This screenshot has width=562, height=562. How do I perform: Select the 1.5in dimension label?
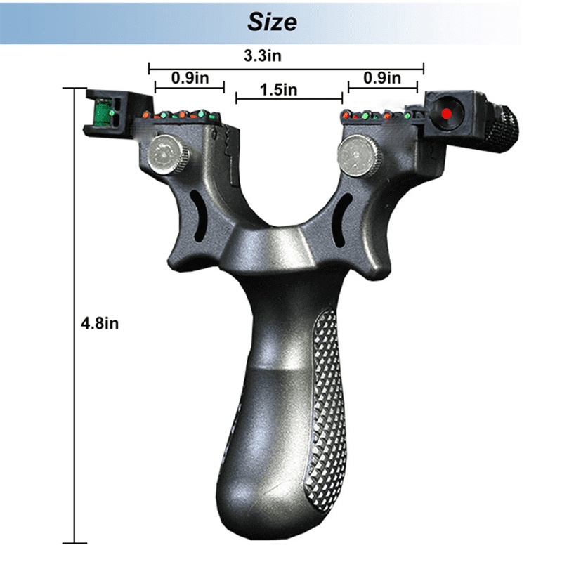click(x=278, y=90)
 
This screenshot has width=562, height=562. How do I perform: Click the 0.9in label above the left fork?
click(x=188, y=78)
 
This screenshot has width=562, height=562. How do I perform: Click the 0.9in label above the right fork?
click(x=383, y=78)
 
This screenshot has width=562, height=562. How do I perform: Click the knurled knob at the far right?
click(x=503, y=129)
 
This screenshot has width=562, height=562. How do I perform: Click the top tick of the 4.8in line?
click(x=74, y=89)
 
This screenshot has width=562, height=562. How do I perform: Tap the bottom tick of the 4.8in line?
click(x=74, y=542)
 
